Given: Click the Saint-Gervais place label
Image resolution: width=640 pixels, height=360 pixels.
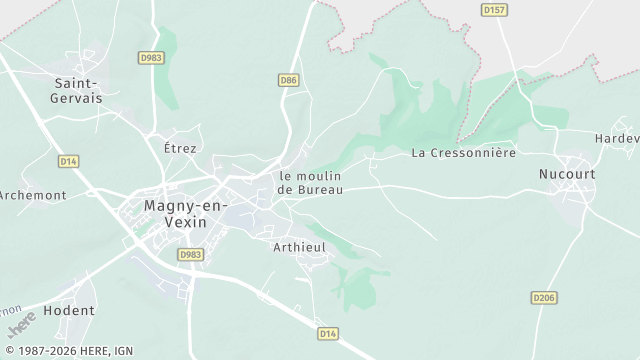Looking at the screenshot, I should tap(76, 91).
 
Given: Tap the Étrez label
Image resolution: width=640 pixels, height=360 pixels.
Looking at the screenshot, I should tap(181, 147).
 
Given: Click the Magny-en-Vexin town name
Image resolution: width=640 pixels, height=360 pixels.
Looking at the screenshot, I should tap(175, 213).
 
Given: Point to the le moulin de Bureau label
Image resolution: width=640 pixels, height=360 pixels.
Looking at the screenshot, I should tap(310, 182).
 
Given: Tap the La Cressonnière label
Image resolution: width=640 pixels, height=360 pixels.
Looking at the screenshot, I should tap(463, 153).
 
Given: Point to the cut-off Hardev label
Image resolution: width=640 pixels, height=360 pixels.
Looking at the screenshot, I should tap(617, 137).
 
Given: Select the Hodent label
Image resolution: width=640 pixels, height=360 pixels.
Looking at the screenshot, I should tap(69, 310).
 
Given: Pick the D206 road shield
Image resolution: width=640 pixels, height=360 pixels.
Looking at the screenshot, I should tap(544, 297).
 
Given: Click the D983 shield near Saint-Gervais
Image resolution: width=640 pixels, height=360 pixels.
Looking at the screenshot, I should tap(152, 57).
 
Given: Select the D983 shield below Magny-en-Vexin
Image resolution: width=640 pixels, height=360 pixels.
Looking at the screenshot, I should tap(191, 255).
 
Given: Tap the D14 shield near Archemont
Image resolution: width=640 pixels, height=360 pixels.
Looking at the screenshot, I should tap(68, 160).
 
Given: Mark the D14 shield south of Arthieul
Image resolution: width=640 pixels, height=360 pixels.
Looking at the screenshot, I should tap(327, 332).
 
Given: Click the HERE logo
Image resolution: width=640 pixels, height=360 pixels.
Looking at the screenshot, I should tap(20, 327).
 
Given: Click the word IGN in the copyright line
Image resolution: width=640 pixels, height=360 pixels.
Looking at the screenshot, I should tap(125, 350).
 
